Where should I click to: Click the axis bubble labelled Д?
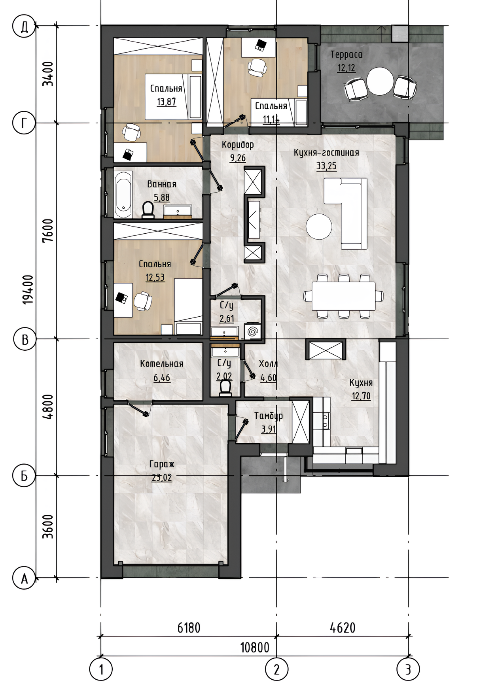[24, 27]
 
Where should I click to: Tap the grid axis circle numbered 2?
[276, 669]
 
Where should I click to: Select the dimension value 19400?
[28, 289]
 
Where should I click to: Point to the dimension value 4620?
[343, 628]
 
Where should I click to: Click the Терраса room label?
[346, 54]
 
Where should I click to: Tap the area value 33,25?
[326, 166]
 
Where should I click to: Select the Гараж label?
[161, 464]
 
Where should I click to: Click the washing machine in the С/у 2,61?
[252, 331]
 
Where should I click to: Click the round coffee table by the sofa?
[319, 226]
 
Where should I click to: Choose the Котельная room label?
[162, 364]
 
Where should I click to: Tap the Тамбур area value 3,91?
[269, 429]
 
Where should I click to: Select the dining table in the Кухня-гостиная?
[343, 296]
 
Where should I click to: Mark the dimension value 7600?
[48, 231]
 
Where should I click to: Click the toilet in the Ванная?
[148, 210]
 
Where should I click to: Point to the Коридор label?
[238, 145]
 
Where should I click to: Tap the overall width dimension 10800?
[255, 647]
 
